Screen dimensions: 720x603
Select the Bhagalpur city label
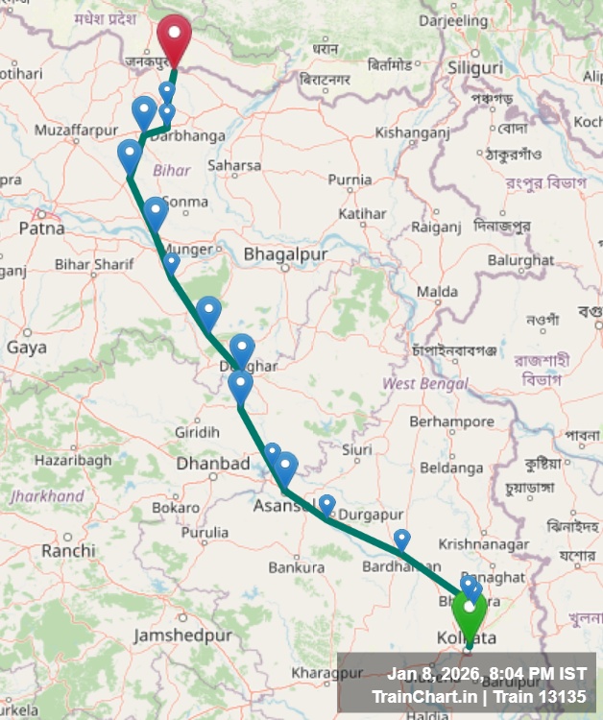(285, 254)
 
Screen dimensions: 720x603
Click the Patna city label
(41, 228)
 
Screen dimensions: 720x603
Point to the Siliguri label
(474, 68)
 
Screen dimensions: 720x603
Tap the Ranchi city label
(68, 551)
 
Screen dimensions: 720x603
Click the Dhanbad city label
(213, 464)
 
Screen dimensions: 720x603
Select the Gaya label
(26, 348)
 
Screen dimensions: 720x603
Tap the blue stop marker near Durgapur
(326, 504)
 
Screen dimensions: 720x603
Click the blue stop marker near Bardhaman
(401, 539)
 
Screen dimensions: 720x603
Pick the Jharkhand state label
(47, 496)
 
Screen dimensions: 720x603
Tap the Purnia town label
(350, 180)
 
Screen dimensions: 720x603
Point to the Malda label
(437, 291)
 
